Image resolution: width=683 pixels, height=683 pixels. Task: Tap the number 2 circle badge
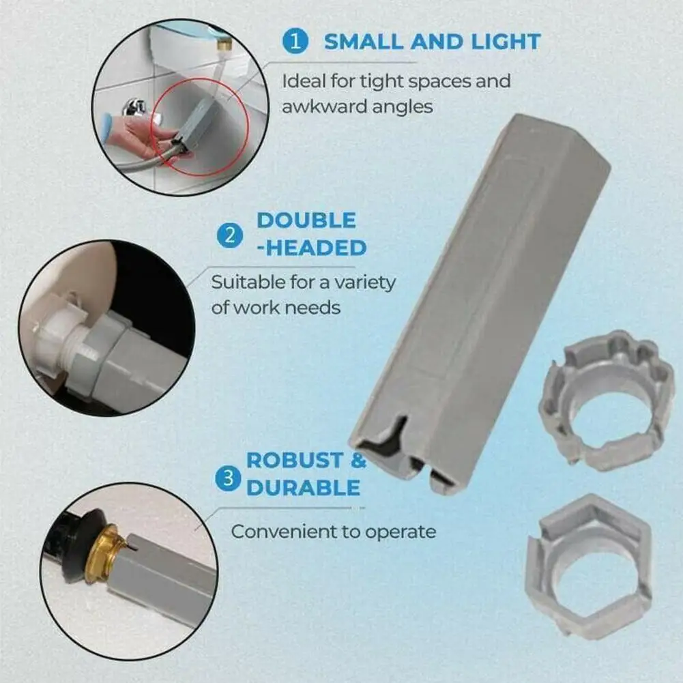click(x=229, y=236)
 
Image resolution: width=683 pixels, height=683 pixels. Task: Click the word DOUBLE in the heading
click(x=306, y=220)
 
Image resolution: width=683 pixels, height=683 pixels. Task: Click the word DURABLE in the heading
click(x=303, y=487)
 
